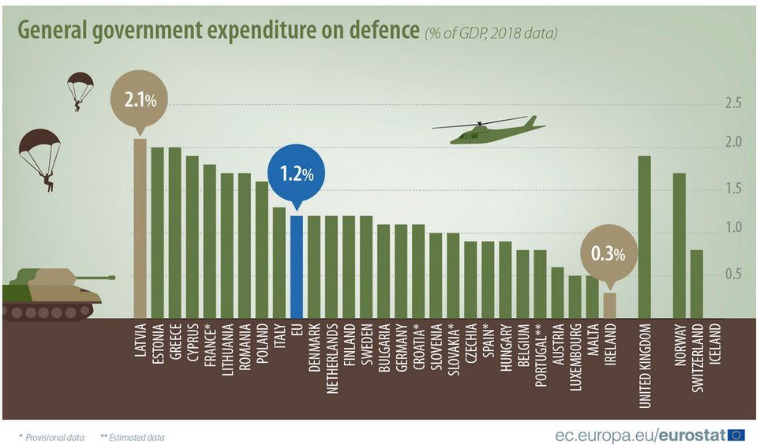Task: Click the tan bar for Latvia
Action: (x=140, y=229)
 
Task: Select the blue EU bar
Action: (x=296, y=267)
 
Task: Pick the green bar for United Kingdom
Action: (x=644, y=237)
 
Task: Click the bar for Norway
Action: (x=679, y=245)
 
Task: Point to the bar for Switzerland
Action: (x=696, y=284)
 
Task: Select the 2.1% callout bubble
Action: (x=140, y=101)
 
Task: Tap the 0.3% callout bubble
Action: (x=609, y=254)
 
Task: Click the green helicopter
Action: (x=489, y=131)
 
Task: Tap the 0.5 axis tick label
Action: (x=733, y=275)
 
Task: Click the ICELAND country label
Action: (x=715, y=344)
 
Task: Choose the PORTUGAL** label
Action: (x=540, y=354)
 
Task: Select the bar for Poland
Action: (x=261, y=250)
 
